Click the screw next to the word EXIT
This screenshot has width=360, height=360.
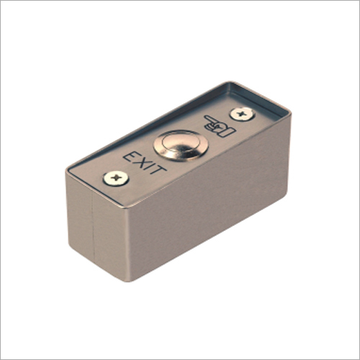tap(116, 178)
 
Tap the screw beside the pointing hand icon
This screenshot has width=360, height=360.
tap(242, 114)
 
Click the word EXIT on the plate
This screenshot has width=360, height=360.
tap(145, 163)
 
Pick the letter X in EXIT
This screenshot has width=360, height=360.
tap(142, 163)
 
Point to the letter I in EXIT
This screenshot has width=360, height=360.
tap(150, 166)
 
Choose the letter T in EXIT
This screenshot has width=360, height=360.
tap(158, 169)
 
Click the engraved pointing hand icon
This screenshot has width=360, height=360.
tap(220, 126)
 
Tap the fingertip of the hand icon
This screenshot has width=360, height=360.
tap(205, 117)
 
